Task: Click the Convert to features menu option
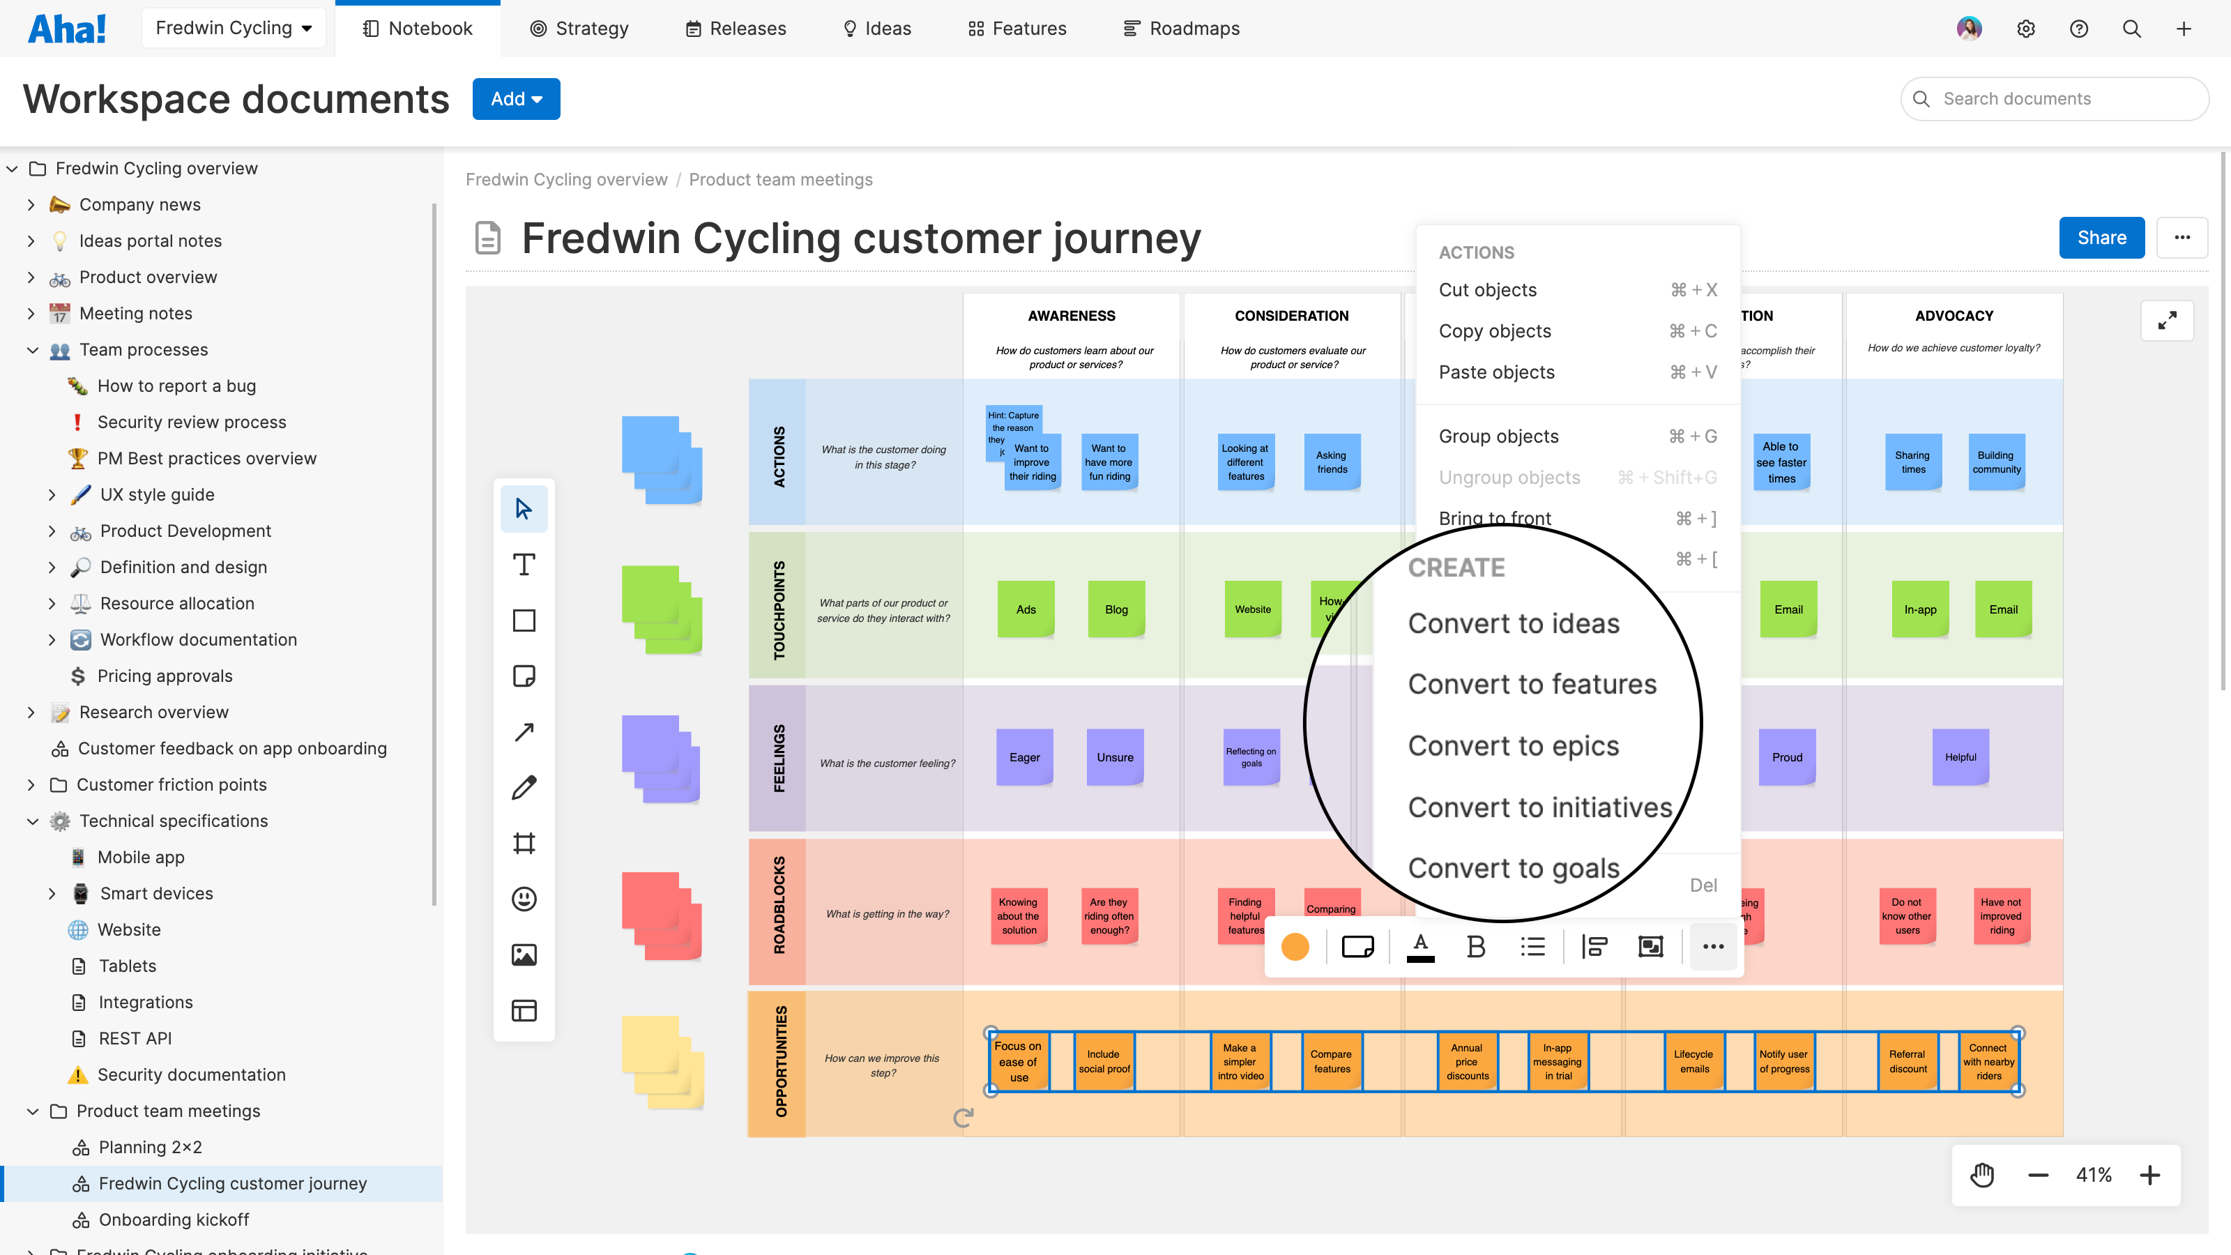tap(1531, 684)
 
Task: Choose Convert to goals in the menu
tap(1513, 868)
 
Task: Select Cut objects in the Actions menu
tap(1487, 290)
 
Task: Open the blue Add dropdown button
tap(516, 99)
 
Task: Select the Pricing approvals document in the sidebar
tap(165, 676)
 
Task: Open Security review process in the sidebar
tap(192, 422)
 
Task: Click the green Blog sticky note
tap(1115, 610)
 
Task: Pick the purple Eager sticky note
tap(1025, 757)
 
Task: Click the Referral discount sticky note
tap(1907, 1061)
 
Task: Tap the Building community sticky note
tap(1996, 462)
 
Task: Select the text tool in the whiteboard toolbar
tap(524, 565)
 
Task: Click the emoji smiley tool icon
tap(524, 899)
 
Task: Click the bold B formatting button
tap(1476, 947)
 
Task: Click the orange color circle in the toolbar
tap(1295, 947)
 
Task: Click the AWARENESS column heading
tap(1072, 316)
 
